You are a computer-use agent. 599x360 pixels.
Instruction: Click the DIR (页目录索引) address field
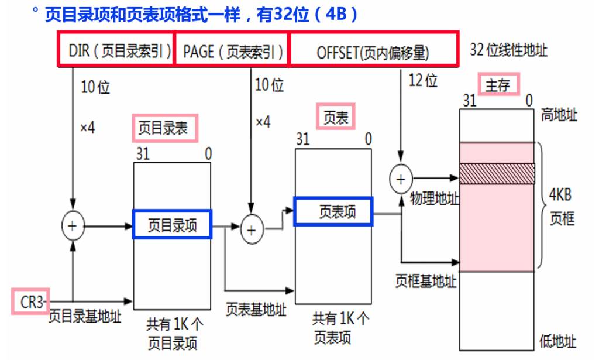116,49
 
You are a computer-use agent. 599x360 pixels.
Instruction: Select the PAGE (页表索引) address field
232,50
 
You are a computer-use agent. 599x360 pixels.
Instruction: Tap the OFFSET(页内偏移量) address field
374,49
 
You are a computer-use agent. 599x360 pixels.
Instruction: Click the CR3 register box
30,301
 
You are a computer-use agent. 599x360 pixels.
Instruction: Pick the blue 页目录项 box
173,224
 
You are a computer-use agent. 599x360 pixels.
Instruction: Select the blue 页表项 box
333,211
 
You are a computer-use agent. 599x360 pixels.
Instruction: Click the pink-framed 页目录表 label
165,128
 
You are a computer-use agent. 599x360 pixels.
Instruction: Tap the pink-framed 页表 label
336,116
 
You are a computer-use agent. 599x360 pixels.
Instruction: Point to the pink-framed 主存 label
498,84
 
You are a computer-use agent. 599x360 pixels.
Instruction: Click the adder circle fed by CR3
73,226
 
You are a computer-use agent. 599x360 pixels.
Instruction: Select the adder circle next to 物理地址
401,179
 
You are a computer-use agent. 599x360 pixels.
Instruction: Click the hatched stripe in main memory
497,174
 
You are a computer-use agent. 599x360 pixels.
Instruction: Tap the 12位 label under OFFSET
423,80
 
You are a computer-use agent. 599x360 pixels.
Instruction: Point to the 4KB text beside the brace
560,195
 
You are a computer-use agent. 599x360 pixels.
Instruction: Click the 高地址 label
559,114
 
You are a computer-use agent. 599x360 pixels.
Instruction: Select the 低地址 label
557,341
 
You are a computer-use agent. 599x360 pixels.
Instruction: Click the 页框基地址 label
426,282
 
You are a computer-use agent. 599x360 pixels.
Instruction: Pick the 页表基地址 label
256,309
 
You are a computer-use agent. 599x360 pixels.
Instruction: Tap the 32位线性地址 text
508,50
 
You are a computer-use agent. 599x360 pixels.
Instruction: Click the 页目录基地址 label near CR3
85,316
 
